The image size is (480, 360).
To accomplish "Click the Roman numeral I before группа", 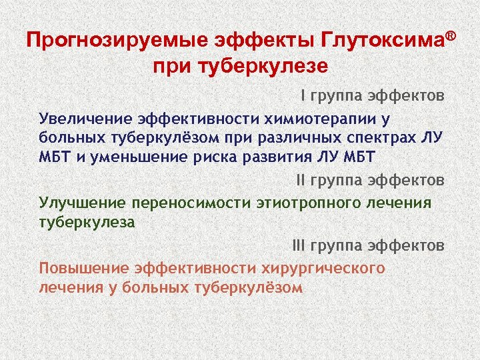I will [x=303, y=97].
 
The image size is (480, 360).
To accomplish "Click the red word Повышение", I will [x=84, y=268].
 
